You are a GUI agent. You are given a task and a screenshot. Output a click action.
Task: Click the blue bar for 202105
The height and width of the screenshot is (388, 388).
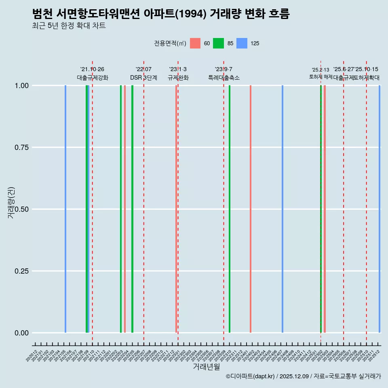pos(65,209)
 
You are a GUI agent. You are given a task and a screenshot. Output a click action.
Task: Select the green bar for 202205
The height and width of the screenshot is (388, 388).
pos(132,209)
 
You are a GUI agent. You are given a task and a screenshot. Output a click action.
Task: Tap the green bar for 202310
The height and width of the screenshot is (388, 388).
pos(230,209)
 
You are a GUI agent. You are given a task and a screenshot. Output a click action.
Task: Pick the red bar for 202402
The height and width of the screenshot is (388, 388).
pos(251,209)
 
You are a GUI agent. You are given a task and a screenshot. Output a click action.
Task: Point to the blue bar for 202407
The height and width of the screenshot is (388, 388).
pos(282,209)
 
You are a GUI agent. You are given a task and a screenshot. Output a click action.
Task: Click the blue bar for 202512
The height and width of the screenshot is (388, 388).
pos(380,209)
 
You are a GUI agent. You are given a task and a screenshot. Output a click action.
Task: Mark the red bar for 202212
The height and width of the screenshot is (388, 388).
pos(176,209)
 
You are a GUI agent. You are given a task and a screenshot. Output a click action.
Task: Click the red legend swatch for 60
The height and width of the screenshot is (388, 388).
pos(195,43)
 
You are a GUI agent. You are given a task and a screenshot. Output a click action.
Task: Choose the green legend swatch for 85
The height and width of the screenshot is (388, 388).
pos(219,43)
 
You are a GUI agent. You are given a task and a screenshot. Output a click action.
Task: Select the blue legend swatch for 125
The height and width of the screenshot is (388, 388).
pos(242,43)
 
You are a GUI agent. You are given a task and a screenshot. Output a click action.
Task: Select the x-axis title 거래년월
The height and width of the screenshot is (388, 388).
pos(206,367)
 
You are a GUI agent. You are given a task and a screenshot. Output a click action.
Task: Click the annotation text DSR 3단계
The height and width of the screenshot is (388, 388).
pos(143,78)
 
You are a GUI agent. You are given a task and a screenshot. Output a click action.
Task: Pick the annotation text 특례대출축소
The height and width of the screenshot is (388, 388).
pos(224,78)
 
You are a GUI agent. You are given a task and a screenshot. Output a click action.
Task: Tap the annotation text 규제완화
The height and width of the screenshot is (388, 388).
pos(178,78)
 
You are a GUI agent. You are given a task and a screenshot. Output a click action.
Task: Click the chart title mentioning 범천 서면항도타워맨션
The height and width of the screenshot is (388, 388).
pos(160,14)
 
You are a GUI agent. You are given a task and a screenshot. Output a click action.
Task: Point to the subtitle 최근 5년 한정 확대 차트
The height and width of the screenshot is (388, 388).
pos(69,26)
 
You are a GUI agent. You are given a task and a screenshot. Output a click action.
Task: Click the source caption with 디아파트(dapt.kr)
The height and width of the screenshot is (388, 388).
pos(303,376)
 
